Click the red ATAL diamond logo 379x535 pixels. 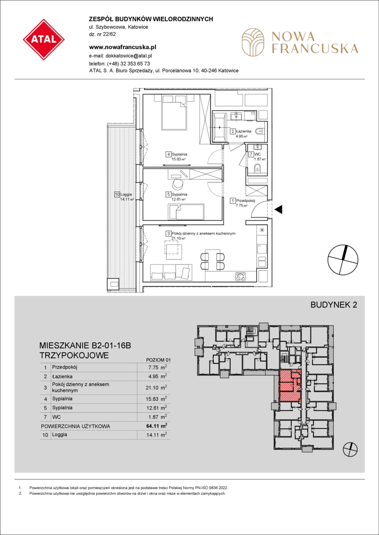pos(44,39)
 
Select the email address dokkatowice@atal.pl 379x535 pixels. pos(128,55)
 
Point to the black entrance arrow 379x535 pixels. pos(279,210)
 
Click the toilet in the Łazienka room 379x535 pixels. pos(261,130)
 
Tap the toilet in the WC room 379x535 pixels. pos(257,168)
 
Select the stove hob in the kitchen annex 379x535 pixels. pos(241,276)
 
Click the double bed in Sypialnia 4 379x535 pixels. pos(174,112)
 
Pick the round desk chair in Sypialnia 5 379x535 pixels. pos(178,184)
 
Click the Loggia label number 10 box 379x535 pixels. pos(117,195)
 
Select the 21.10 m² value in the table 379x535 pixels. pos(157,387)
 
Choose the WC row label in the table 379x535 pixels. pos(56,417)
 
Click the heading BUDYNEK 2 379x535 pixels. pos(333,305)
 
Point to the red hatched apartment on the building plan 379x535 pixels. pos(289,385)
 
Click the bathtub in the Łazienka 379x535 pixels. pos(219,127)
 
